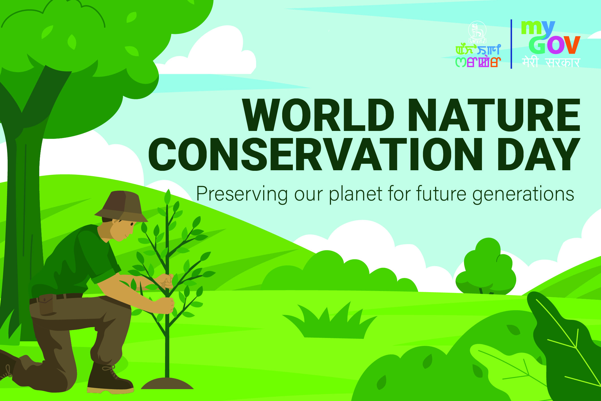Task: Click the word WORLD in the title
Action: [319, 115]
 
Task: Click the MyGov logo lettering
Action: [550, 37]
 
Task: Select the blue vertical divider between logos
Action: [511, 44]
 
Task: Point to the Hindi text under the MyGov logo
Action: [551, 62]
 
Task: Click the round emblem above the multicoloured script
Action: [477, 32]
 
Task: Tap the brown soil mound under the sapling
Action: [167, 383]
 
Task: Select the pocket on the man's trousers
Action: [46, 305]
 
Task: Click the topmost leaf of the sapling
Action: [168, 197]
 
